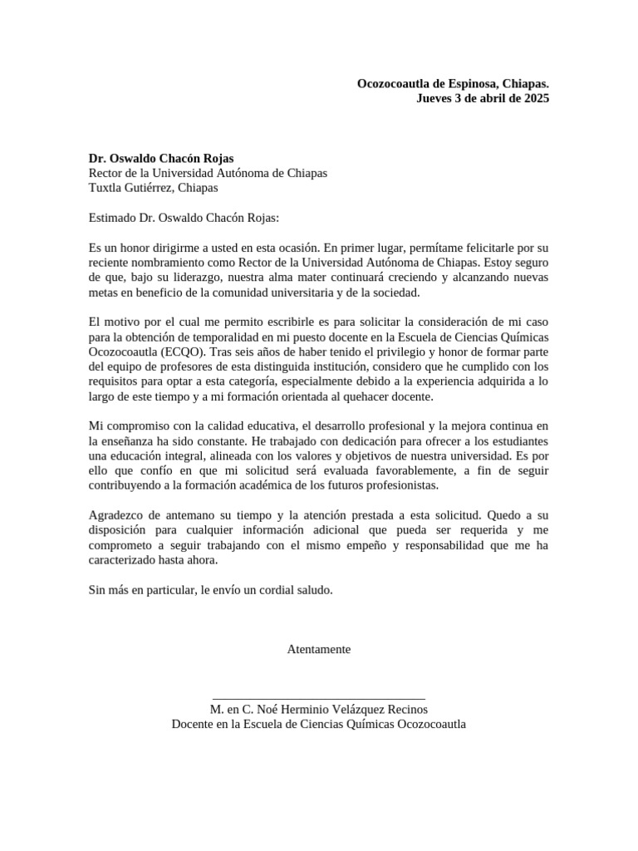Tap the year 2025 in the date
click(531, 98)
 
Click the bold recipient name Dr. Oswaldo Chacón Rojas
click(161, 158)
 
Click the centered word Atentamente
click(319, 649)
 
